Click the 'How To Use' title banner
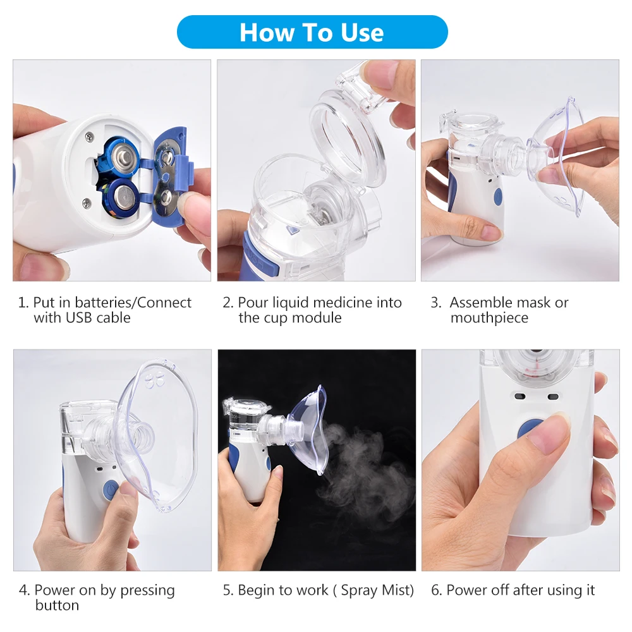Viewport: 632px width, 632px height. pos(312,32)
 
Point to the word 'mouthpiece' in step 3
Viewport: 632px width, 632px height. pos(489,318)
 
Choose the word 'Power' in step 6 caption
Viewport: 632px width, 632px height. pos(466,590)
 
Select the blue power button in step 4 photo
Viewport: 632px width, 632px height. pos(111,490)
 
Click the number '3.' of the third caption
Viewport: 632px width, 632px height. pos(436,303)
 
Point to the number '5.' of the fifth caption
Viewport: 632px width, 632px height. pos(228,590)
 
